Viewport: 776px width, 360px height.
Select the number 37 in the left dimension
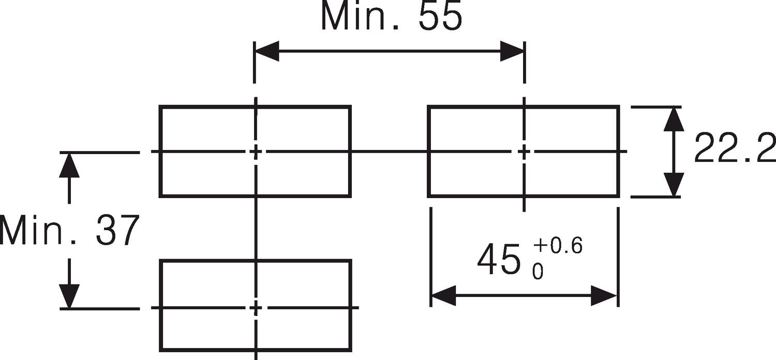pos(117,230)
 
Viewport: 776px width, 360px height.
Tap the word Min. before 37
pos(39,230)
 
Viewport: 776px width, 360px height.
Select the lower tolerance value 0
pos(538,272)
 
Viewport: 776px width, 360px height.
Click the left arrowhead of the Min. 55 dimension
pos(267,52)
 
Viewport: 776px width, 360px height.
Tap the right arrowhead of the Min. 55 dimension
pos(512,52)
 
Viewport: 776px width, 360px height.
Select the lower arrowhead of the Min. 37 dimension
pos(69,296)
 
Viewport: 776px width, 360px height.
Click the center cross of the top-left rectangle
pos(256,152)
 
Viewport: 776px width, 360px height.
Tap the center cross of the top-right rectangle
pos(524,152)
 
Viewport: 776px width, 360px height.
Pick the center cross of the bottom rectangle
pos(256,308)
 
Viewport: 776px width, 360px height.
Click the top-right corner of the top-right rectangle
pos(618,107)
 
